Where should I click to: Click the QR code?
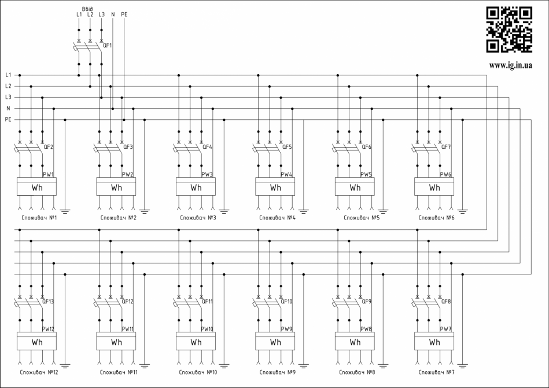pos(509,29)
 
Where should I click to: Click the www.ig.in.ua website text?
pos(510,65)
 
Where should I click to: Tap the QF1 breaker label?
pos(108,45)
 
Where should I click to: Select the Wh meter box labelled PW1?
pos(36,188)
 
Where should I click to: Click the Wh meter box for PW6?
pos(434,188)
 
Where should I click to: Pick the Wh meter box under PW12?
pos(36,342)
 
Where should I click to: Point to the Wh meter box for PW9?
pos(275,342)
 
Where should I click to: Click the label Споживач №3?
pos(197,218)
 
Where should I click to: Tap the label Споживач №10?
pos(197,372)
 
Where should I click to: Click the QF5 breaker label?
pos(286,147)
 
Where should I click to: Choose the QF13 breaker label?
pos(48,301)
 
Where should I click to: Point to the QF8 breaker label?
pos(445,301)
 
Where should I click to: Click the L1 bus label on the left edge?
pos(8,75)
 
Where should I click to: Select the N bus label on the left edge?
pos(8,108)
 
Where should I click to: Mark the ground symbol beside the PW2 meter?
pos(145,210)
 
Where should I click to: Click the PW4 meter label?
pos(286,174)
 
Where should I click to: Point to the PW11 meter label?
pos(128,329)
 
